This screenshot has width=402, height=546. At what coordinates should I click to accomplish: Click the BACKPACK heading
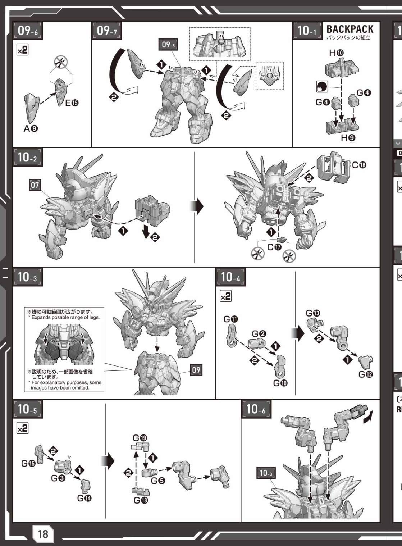[x=350, y=29]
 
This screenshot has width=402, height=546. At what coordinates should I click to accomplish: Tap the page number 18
[x=43, y=534]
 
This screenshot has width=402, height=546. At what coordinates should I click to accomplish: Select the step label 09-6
[x=28, y=31]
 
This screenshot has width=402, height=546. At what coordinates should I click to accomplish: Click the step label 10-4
[x=231, y=277]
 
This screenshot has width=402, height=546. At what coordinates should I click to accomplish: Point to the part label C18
[x=359, y=165]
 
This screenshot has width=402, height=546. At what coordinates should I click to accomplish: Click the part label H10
[x=337, y=53]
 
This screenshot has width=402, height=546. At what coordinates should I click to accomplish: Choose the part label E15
[x=72, y=103]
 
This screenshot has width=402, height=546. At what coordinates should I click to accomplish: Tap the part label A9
[x=31, y=128]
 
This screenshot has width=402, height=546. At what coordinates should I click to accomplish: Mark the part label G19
[x=140, y=438]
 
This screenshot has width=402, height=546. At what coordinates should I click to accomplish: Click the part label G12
[x=366, y=374]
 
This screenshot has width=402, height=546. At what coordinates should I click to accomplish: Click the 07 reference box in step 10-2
[x=35, y=185]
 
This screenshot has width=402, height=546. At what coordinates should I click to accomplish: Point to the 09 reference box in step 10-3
[x=196, y=370]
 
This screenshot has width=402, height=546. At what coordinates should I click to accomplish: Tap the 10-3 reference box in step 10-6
[x=266, y=473]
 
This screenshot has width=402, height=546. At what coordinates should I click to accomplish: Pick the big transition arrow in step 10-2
[x=196, y=206]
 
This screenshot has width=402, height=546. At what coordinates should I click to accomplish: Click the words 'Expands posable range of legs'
[x=65, y=317]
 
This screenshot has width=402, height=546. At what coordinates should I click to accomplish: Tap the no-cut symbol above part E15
[x=61, y=62]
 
